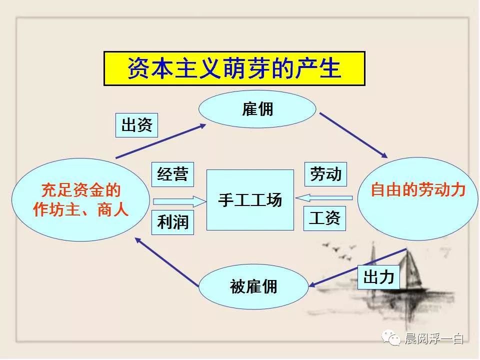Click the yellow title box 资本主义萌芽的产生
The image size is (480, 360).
pyautogui.click(x=234, y=68)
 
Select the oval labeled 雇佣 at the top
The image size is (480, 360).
pyautogui.click(x=257, y=109)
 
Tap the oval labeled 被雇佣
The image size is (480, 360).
pyautogui.click(x=254, y=286)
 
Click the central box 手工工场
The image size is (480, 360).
pyautogui.click(x=250, y=200)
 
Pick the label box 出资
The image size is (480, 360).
pyautogui.click(x=136, y=125)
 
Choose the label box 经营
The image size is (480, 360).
pyautogui.click(x=172, y=174)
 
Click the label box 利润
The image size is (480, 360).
pyautogui.click(x=172, y=222)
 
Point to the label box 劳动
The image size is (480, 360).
pyautogui.click(x=325, y=174)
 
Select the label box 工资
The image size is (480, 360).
pyautogui.click(x=324, y=218)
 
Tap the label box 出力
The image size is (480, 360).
pyautogui.click(x=378, y=277)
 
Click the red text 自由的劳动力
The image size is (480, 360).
pyautogui.click(x=418, y=190)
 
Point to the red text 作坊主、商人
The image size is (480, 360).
pyautogui.click(x=80, y=210)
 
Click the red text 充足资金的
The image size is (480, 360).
pyautogui.click(x=81, y=190)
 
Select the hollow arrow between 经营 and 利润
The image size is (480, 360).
pyautogui.click(x=179, y=201)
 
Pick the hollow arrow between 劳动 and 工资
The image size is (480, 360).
pyautogui.click(x=324, y=198)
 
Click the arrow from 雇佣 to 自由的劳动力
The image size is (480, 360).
pyautogui.click(x=353, y=135)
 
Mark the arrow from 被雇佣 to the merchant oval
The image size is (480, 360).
pyautogui.click(x=167, y=262)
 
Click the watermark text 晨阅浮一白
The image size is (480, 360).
pyautogui.click(x=434, y=338)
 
